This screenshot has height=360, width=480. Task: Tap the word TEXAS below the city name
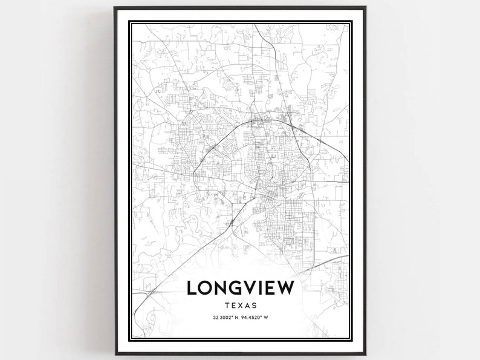(241, 306)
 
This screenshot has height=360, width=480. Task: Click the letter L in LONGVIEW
(193, 288)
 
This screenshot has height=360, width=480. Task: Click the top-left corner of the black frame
(115, 8)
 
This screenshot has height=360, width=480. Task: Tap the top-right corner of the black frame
(366, 8)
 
